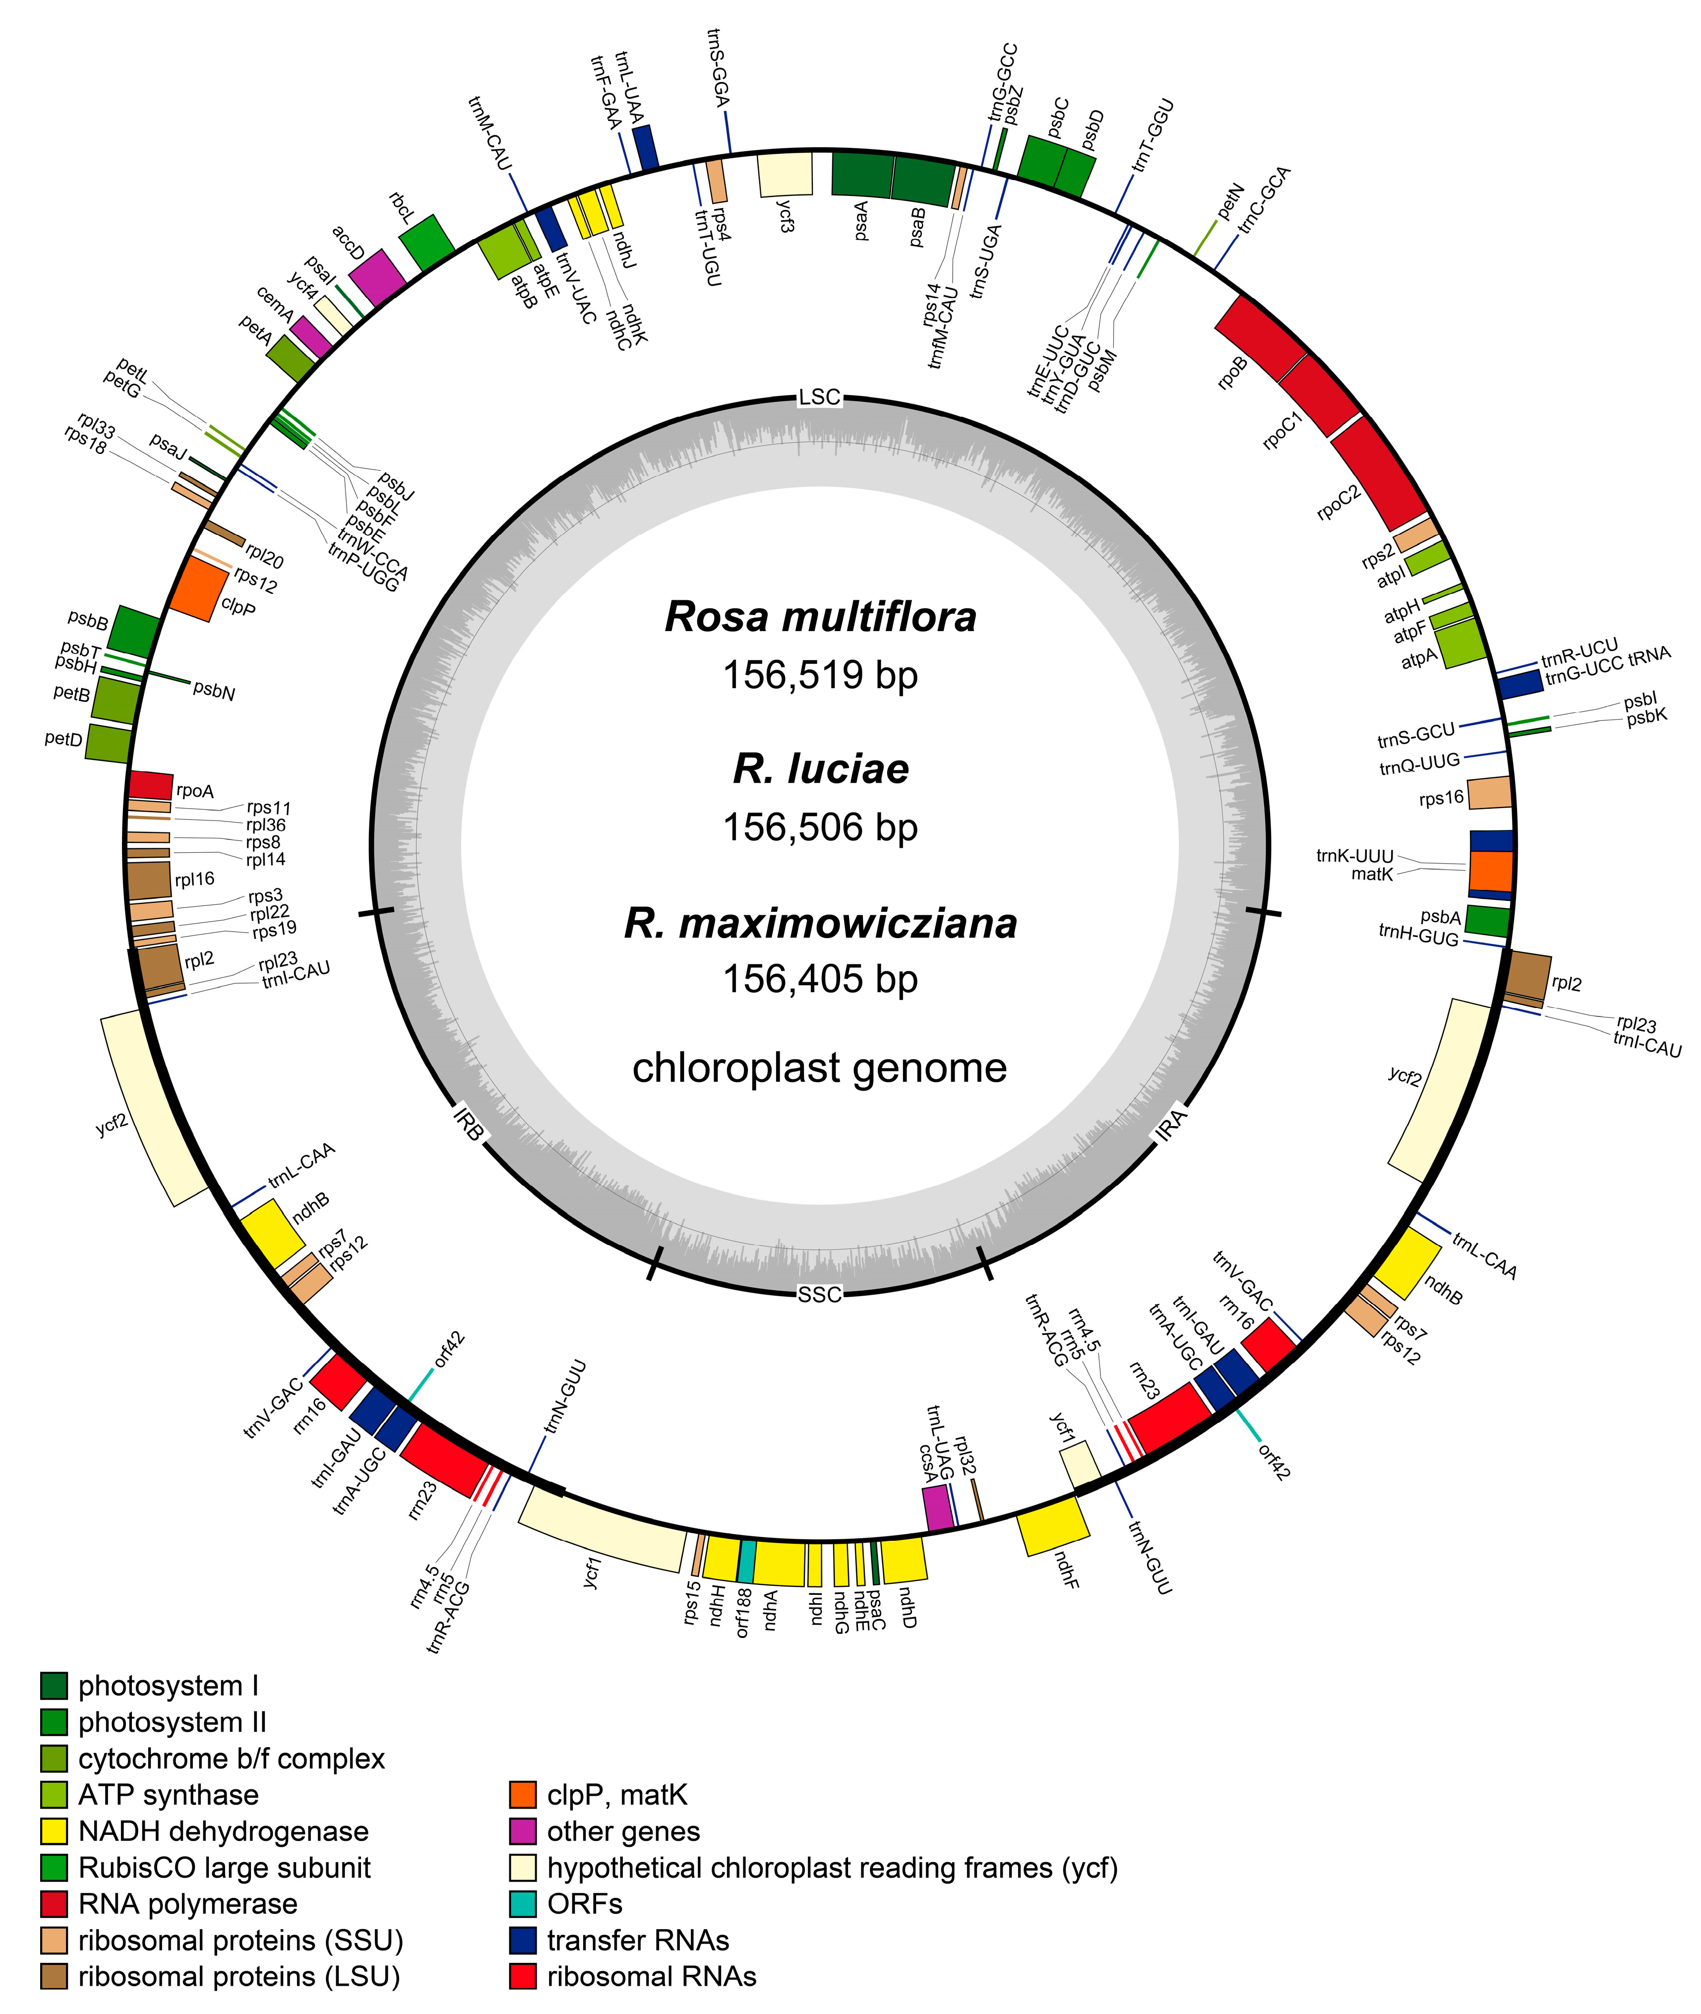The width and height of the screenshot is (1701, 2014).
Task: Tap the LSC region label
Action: coord(820,396)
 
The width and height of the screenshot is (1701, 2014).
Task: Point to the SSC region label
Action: coord(820,1294)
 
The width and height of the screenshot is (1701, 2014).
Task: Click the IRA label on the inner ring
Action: coord(1171,1126)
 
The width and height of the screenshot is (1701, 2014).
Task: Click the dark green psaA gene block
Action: coord(861,174)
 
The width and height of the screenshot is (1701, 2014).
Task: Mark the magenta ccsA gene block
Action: coord(938,1508)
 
